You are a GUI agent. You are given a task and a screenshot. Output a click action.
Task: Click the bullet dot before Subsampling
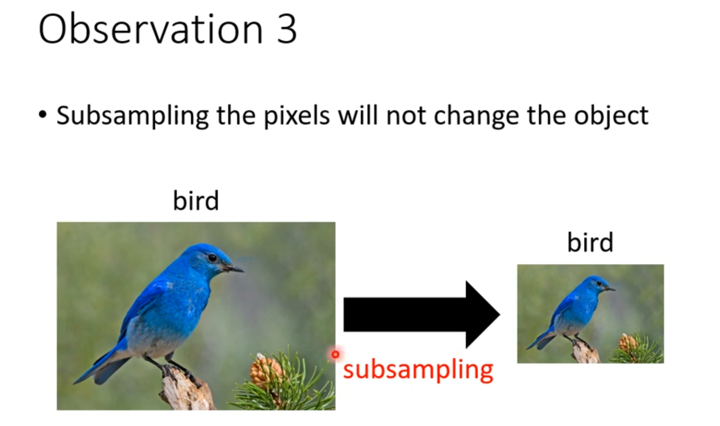[x=43, y=115]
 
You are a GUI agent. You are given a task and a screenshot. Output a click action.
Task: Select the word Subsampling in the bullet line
[x=133, y=116]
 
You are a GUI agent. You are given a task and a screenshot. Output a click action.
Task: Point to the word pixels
[x=297, y=116]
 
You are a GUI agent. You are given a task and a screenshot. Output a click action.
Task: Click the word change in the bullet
[x=476, y=116]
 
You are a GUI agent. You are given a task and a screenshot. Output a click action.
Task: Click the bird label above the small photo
[x=590, y=242]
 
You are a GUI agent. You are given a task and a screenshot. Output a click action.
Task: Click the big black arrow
[x=422, y=315]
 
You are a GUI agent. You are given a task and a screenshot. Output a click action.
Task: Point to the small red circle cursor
[x=335, y=355]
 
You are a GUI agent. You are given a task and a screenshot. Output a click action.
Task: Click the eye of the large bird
[x=212, y=257]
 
